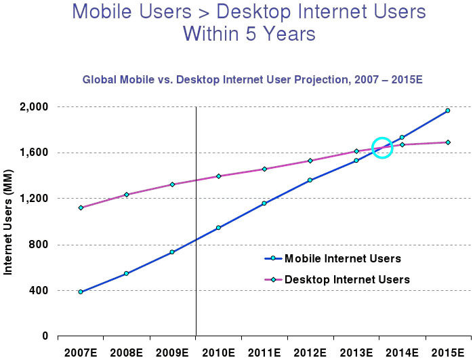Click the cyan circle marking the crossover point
(x=382, y=147)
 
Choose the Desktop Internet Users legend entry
(x=346, y=279)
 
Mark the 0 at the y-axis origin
(x=45, y=336)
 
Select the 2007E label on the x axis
(x=81, y=353)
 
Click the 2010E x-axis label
(x=218, y=353)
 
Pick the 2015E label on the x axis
(x=447, y=353)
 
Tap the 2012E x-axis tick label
(x=310, y=353)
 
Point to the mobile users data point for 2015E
(x=448, y=111)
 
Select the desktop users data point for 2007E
(x=81, y=207)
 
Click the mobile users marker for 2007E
(x=81, y=292)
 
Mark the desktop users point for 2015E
(x=448, y=142)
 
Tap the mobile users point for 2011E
(x=264, y=203)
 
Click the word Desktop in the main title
(x=254, y=12)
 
